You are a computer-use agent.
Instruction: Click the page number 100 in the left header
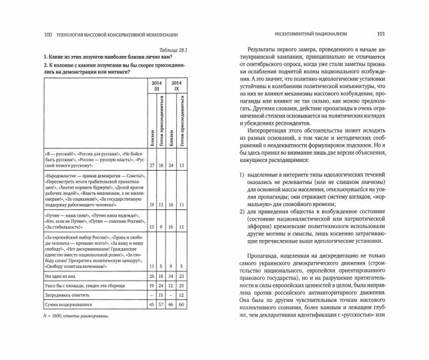tap(47, 34)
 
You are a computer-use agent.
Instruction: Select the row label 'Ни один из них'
tap(60, 275)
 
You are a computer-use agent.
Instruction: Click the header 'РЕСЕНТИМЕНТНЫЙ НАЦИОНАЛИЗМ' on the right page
tap(310, 34)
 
